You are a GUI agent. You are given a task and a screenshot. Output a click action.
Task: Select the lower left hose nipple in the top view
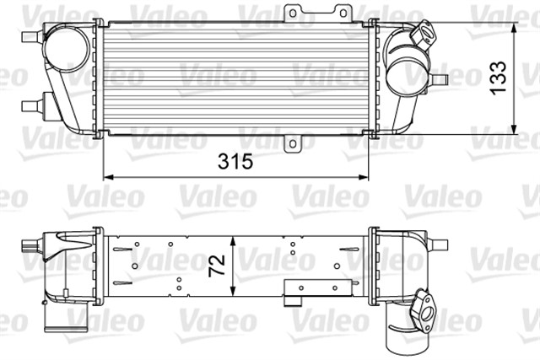click(x=28, y=105)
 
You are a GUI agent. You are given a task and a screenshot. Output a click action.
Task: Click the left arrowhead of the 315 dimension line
click(x=107, y=177)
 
